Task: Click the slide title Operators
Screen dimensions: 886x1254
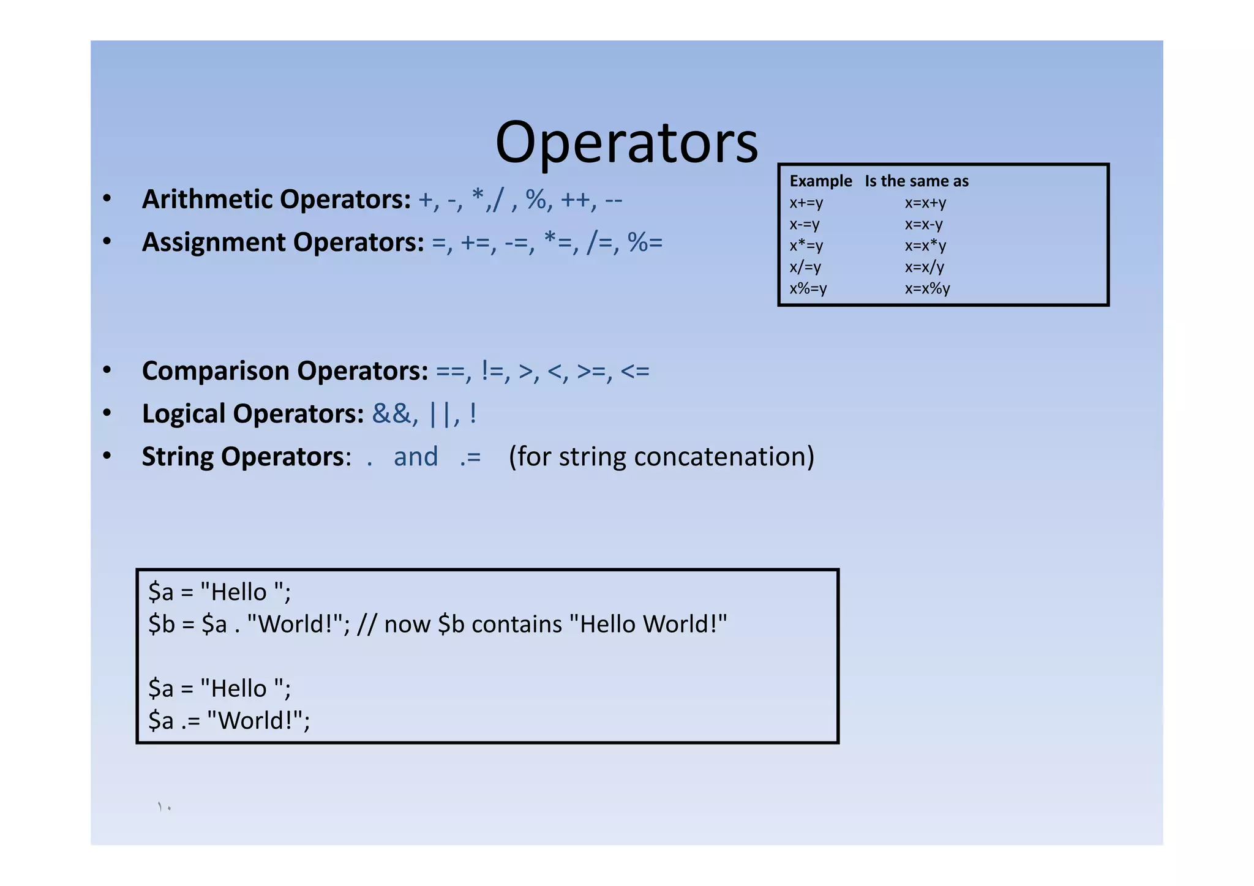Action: (626, 143)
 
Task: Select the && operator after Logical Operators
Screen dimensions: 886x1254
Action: (391, 414)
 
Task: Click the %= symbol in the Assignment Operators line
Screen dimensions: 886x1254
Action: (645, 242)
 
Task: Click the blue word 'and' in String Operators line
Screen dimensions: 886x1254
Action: (416, 457)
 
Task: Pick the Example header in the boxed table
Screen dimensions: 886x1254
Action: (820, 181)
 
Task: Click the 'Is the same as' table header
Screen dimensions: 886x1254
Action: (917, 181)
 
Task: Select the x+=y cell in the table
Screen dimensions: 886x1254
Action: (806, 203)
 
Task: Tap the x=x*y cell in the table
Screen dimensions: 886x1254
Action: (925, 246)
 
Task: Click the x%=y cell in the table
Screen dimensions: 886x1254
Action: (808, 288)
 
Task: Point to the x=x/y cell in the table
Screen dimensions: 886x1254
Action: (925, 267)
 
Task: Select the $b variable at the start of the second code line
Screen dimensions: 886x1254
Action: (162, 625)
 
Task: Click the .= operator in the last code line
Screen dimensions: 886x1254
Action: (190, 721)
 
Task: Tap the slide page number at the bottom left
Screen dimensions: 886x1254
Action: (164, 807)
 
